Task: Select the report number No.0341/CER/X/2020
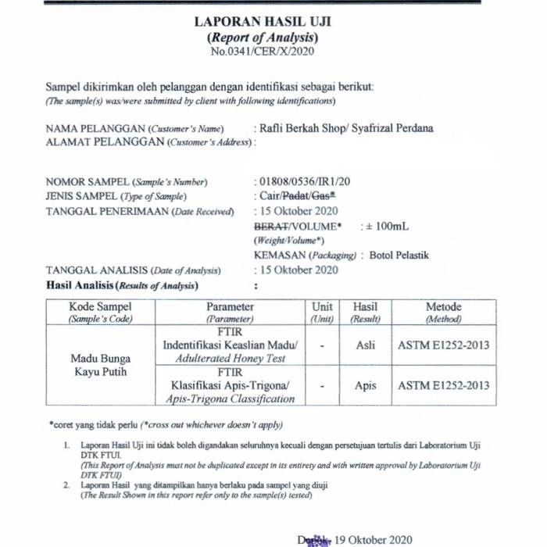click(x=262, y=52)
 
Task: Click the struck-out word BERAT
click(x=270, y=227)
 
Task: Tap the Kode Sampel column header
click(x=101, y=307)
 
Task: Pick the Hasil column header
click(x=365, y=307)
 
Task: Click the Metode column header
click(x=443, y=307)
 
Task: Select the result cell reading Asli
click(x=365, y=345)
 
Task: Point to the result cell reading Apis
click(x=365, y=385)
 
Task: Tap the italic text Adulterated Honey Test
click(x=231, y=359)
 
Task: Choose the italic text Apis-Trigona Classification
click(x=231, y=399)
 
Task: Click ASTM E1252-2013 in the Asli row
click(x=444, y=345)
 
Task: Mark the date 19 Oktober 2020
click(x=373, y=538)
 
